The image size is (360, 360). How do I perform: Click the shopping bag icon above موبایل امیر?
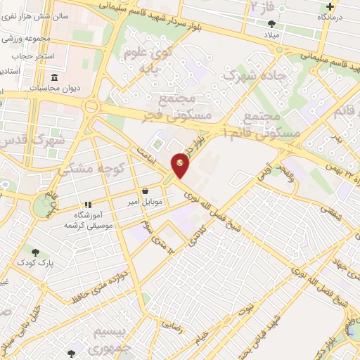(x=145, y=191)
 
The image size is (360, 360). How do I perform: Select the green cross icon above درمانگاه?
(x=330, y=6)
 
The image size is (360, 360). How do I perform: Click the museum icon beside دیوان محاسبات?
(x=54, y=77)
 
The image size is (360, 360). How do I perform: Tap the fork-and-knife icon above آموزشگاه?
(x=88, y=205)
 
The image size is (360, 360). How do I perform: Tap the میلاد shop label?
(x=271, y=34)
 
